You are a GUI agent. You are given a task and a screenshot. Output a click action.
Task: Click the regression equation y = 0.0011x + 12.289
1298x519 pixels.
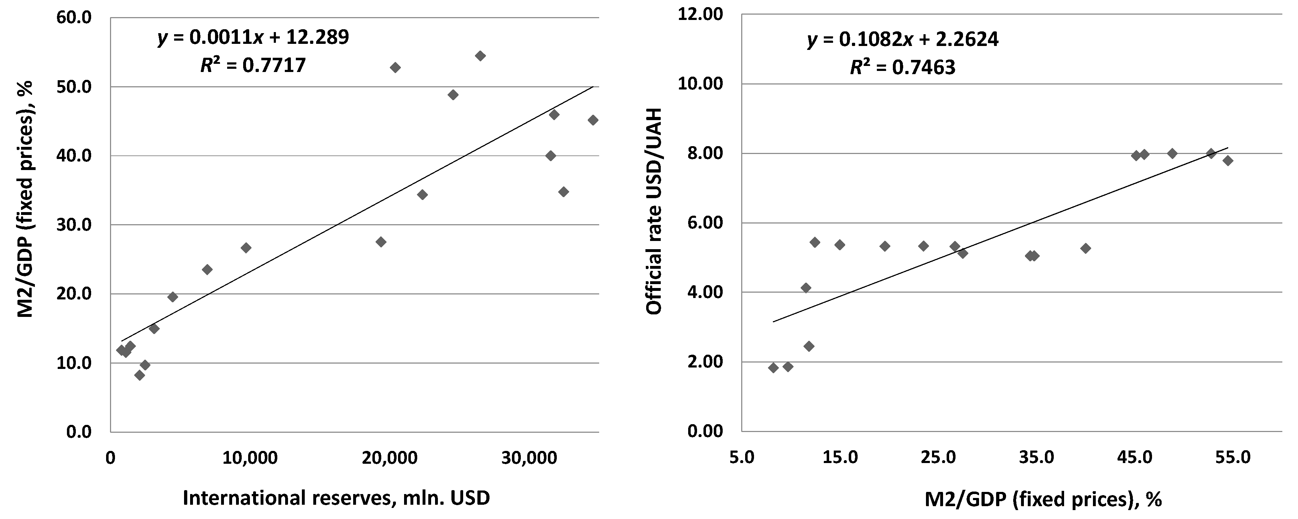pyautogui.click(x=253, y=38)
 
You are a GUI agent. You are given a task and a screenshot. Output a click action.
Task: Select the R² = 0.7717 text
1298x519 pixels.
pyautogui.click(x=253, y=66)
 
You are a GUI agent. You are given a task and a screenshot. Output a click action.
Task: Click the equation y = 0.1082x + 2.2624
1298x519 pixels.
pyautogui.click(x=902, y=39)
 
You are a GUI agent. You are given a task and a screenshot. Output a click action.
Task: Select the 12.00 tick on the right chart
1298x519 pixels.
pyautogui.click(x=701, y=15)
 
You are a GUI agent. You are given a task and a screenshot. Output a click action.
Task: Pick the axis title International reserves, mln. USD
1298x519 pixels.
pyautogui.click(x=336, y=498)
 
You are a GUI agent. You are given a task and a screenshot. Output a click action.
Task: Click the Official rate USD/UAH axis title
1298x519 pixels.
pyautogui.click(x=654, y=211)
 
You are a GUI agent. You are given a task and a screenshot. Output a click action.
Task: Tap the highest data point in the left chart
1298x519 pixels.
pyautogui.click(x=480, y=56)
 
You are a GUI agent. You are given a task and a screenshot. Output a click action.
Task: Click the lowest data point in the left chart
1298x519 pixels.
pyautogui.click(x=140, y=375)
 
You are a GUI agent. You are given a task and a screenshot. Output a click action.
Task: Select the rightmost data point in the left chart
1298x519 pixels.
pyautogui.click(x=593, y=120)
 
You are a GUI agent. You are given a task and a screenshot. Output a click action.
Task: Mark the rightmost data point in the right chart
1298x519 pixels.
pyautogui.click(x=1228, y=161)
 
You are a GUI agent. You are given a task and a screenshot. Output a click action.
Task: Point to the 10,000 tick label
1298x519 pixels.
pyautogui.click(x=250, y=458)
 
